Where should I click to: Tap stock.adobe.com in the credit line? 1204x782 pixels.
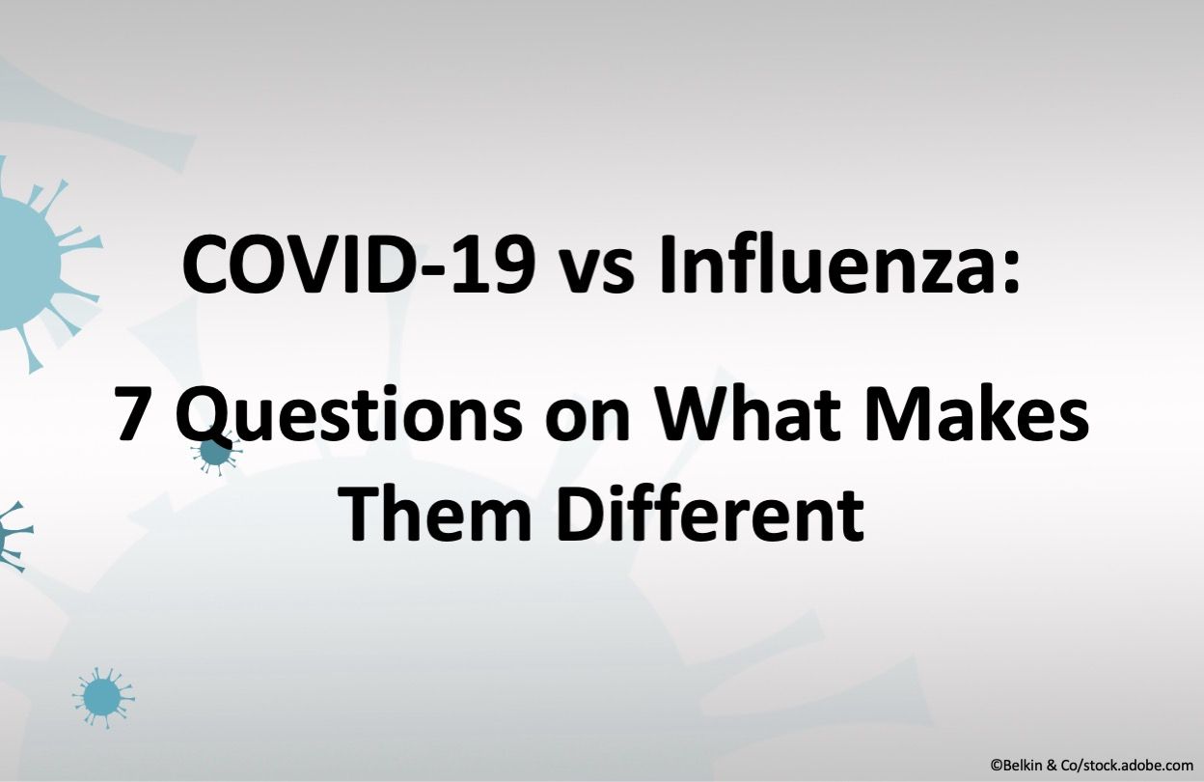pos(1134,765)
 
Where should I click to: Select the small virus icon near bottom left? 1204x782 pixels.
pos(102,695)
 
